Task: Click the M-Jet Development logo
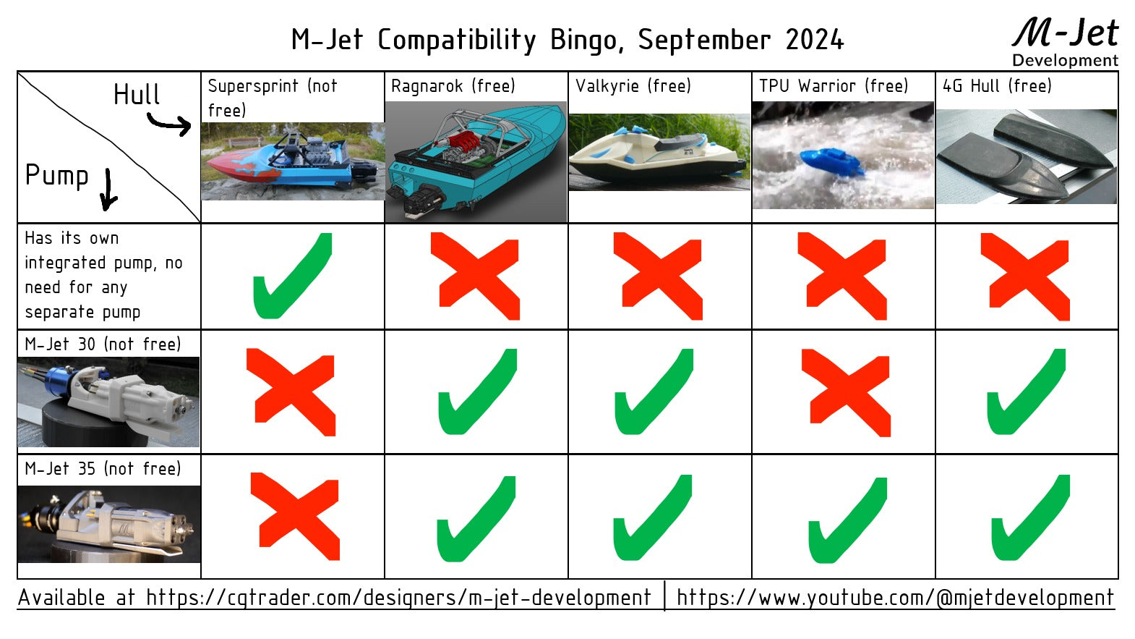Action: click(x=1065, y=42)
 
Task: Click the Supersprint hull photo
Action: click(x=293, y=161)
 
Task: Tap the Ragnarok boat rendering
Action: click(x=476, y=161)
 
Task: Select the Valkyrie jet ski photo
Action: click(x=659, y=152)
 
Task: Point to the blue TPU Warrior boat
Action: click(x=831, y=163)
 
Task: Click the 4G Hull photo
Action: click(x=1027, y=156)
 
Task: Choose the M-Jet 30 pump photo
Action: click(x=108, y=402)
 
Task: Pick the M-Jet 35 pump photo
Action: click(x=108, y=524)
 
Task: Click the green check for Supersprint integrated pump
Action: click(x=291, y=277)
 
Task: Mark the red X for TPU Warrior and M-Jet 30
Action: click(x=845, y=392)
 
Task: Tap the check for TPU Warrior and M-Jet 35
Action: click(x=847, y=520)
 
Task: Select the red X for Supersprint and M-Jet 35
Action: click(x=294, y=515)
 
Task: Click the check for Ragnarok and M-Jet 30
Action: click(x=477, y=392)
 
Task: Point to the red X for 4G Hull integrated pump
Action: click(x=1026, y=276)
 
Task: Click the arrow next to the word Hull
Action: click(x=171, y=124)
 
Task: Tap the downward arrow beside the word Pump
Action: click(x=108, y=190)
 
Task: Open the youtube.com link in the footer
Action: click(x=895, y=598)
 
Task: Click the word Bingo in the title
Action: click(x=586, y=41)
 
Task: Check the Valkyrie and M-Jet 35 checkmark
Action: click(x=653, y=518)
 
